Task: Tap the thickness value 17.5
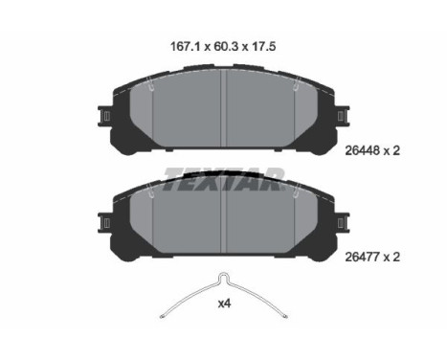(x=264, y=47)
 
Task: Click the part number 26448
(x=363, y=150)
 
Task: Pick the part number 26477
(x=363, y=257)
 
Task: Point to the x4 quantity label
(x=224, y=304)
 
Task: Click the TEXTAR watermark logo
(x=224, y=180)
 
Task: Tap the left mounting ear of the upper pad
(x=104, y=116)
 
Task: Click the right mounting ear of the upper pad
(x=343, y=116)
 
